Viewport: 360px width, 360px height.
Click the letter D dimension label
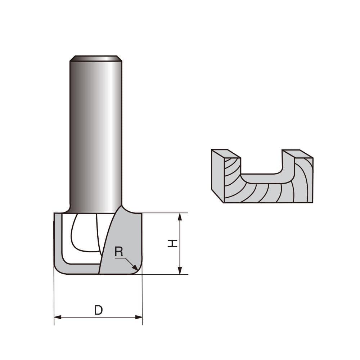(x=98, y=310)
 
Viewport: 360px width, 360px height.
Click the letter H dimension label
(x=173, y=243)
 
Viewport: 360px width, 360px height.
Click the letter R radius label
(x=118, y=252)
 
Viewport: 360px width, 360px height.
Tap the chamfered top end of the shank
(x=96, y=58)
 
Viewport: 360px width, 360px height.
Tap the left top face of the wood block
(x=226, y=154)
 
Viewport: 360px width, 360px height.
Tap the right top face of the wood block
(x=297, y=154)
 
